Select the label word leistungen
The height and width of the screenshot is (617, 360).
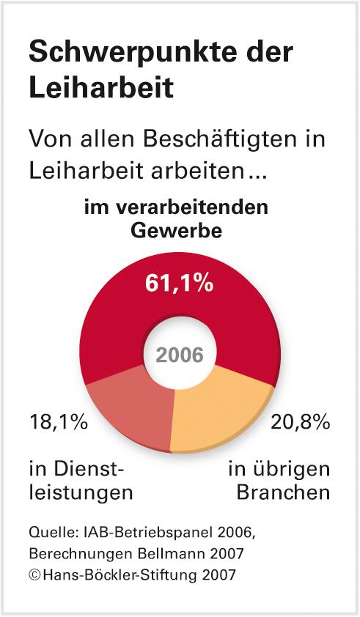pos(81,492)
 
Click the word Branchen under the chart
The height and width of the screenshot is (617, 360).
pos(283,492)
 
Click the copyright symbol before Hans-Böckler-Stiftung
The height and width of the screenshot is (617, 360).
pos(34,573)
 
